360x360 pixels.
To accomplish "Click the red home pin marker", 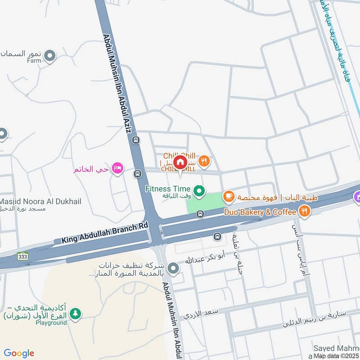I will (x=180, y=162).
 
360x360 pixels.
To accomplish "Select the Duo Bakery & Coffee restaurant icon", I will (x=305, y=211).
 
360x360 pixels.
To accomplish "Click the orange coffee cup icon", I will (x=229, y=196).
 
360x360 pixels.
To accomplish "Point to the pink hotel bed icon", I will (x=117, y=169).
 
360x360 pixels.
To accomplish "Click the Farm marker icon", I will (x=50, y=56).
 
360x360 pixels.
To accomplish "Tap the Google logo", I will (x=19, y=353).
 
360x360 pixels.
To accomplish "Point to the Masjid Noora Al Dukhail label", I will (x=40, y=202).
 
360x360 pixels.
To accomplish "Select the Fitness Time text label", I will (x=168, y=189).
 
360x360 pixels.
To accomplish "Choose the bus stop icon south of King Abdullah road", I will (x=217, y=236).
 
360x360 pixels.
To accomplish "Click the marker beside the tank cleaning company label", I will (x=174, y=269).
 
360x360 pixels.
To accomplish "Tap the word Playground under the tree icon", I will (x=51, y=323).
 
